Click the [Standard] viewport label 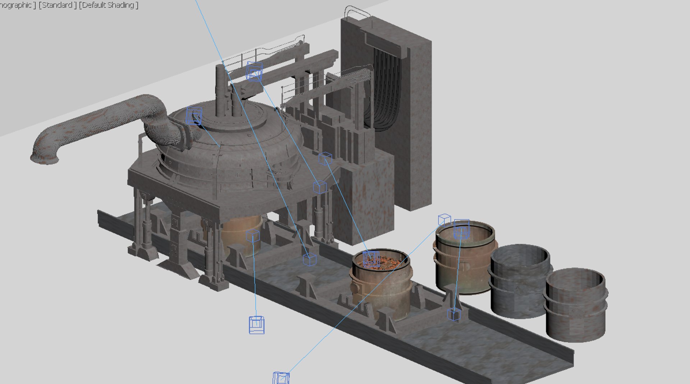pos(57,5)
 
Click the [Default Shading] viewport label pos(109,5)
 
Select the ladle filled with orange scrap pos(381,284)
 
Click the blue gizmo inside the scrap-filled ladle pos(371,258)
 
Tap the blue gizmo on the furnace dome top pos(194,116)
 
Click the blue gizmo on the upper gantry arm pos(254,71)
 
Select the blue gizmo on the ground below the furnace pos(257,325)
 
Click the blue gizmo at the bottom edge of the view pos(281,378)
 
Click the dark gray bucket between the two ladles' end pos(519,281)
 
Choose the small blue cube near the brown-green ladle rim pos(445,219)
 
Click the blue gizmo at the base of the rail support pos(454,315)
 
